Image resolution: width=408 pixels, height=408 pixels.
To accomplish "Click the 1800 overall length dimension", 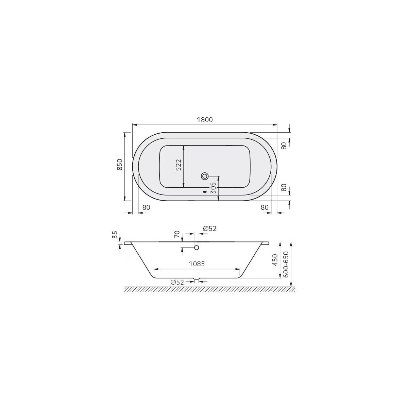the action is pyautogui.click(x=205, y=120).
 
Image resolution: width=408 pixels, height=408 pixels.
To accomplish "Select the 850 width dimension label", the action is pyautogui.click(x=120, y=164).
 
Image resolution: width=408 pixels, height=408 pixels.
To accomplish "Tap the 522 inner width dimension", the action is pyautogui.click(x=178, y=165).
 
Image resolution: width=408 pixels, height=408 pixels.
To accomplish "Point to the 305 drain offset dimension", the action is pyautogui.click(x=214, y=188).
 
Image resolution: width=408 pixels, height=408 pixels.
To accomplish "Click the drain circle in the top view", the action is pyautogui.click(x=205, y=176).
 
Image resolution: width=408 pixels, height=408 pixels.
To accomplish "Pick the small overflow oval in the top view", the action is pyautogui.click(x=205, y=192).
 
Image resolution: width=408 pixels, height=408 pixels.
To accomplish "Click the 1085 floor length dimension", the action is pyautogui.click(x=197, y=264).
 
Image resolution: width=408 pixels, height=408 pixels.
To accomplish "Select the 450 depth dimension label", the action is pyautogui.click(x=275, y=260).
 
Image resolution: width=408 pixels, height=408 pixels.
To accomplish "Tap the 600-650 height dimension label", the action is pyautogui.click(x=286, y=265).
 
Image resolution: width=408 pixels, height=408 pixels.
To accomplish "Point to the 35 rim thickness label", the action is pyautogui.click(x=115, y=235).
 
